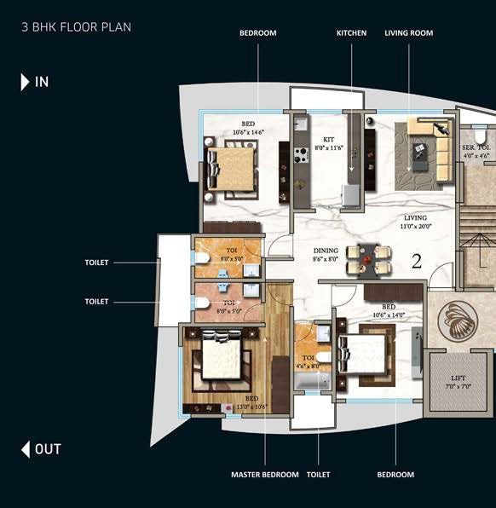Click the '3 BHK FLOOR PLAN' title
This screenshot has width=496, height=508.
(76, 26)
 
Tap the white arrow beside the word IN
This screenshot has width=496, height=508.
(26, 82)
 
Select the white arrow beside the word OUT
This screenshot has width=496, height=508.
(26, 449)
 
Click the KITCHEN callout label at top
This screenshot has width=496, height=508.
(351, 33)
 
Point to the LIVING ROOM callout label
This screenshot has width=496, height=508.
(408, 33)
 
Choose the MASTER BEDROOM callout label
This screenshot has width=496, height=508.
(265, 474)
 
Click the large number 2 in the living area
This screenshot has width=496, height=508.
(417, 262)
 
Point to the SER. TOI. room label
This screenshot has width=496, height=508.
(475, 151)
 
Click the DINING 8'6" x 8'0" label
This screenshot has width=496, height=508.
(326, 254)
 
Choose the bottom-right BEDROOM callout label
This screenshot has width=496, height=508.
(395, 474)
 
